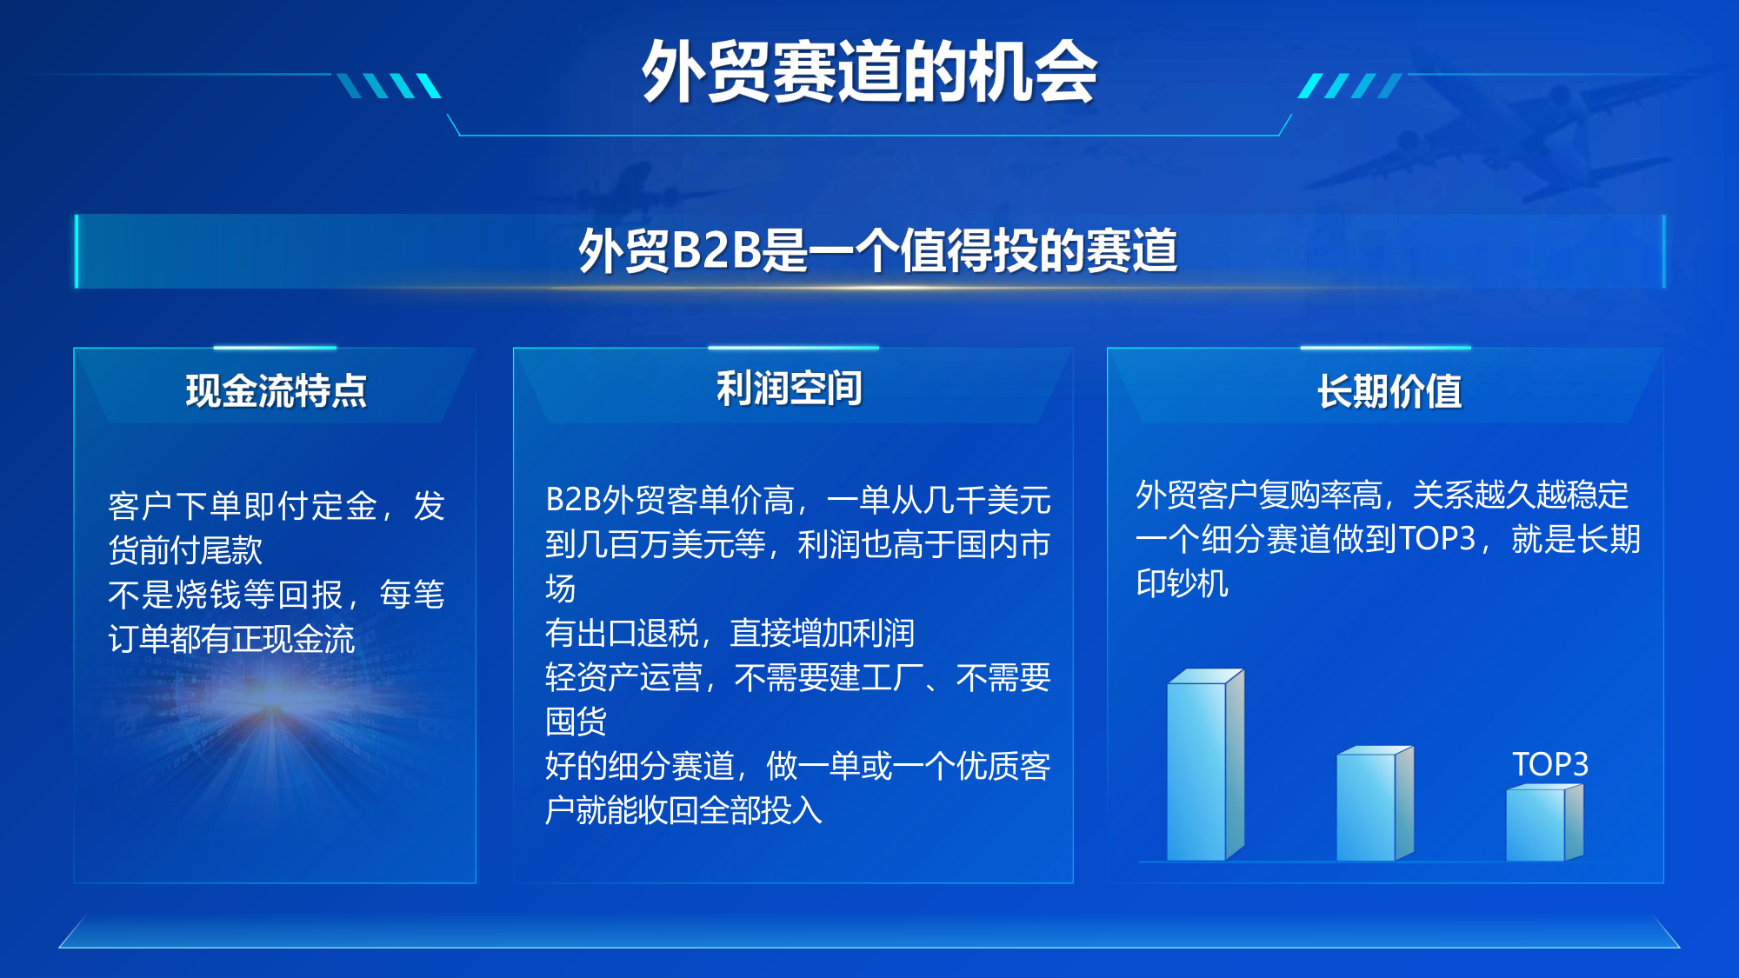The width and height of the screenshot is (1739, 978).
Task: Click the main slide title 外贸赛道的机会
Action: (x=869, y=71)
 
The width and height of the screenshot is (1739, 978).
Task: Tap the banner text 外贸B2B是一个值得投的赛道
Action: (x=877, y=250)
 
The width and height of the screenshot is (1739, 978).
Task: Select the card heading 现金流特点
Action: (x=276, y=390)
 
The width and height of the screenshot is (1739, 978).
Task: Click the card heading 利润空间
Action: (x=789, y=388)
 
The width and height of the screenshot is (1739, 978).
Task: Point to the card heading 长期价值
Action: (x=1389, y=390)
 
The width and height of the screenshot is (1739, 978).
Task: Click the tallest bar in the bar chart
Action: (x=1205, y=765)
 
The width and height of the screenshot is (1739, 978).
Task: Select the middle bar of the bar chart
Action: (x=1375, y=803)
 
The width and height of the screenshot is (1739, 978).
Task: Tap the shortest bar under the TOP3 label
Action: (x=1544, y=822)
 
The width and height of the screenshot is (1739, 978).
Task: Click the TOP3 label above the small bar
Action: (x=1550, y=764)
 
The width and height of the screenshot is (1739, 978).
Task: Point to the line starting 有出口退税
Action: (x=730, y=633)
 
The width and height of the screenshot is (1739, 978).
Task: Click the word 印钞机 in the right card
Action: (x=1182, y=583)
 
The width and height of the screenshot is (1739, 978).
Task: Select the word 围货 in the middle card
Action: (x=576, y=722)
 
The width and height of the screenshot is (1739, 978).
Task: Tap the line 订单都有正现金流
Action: (x=231, y=639)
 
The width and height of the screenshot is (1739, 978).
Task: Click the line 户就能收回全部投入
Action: (x=683, y=810)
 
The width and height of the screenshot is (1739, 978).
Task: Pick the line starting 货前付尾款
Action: (x=185, y=549)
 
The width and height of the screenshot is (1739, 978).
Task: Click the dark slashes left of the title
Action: (x=389, y=85)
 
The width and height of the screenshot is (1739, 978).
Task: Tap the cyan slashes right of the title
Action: (x=1350, y=85)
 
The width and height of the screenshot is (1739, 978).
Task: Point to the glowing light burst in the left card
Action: (x=274, y=713)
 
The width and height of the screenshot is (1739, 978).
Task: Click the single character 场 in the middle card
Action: (x=561, y=589)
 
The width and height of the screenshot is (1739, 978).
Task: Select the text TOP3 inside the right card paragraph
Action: (x=1437, y=539)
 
